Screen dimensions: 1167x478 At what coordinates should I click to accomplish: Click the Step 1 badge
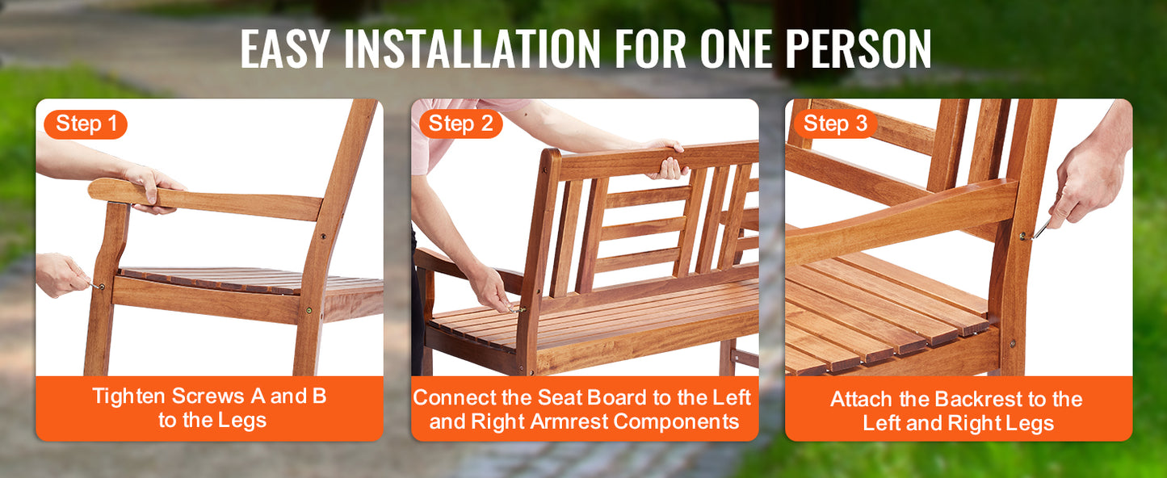click(x=86, y=124)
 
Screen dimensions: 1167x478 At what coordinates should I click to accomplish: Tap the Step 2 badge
click(x=460, y=124)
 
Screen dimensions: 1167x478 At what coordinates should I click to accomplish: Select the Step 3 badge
click(x=835, y=124)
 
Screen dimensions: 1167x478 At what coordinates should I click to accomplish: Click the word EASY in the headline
click(x=285, y=48)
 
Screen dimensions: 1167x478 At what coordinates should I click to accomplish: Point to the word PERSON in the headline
click(x=858, y=48)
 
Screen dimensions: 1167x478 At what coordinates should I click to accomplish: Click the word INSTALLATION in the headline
click(x=472, y=48)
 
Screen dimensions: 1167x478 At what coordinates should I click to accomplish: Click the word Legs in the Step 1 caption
click(x=243, y=421)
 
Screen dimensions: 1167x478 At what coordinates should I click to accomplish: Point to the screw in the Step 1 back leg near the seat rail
click(x=309, y=311)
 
